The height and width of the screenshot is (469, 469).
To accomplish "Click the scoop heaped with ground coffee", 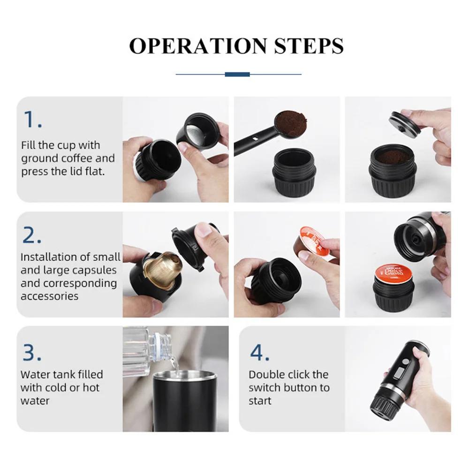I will (291, 123).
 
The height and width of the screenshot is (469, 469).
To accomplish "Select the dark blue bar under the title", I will (237, 74).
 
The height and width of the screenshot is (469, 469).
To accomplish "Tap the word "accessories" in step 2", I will (49, 296).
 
